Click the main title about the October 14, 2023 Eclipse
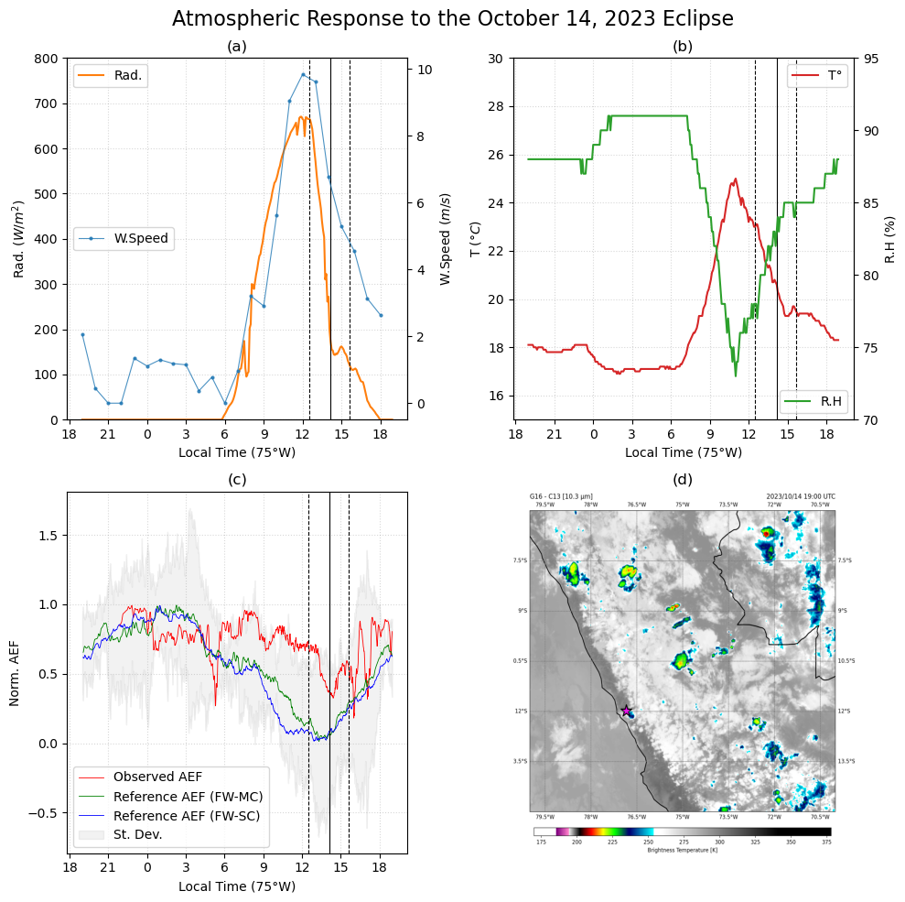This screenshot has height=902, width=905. pos(452,19)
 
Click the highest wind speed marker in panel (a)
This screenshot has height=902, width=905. pos(303,74)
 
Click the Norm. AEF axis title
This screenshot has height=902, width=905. pos(15,672)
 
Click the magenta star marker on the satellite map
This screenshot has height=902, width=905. pos(626,711)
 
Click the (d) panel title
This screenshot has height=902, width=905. pos(682,479)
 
